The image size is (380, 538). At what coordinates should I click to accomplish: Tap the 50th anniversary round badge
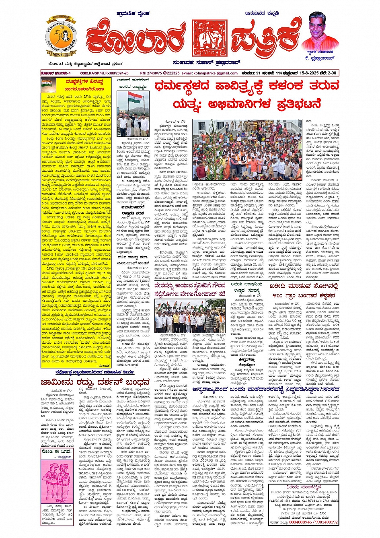click(x=61, y=37)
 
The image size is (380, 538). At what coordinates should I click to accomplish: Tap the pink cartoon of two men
click(x=56, y=483)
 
